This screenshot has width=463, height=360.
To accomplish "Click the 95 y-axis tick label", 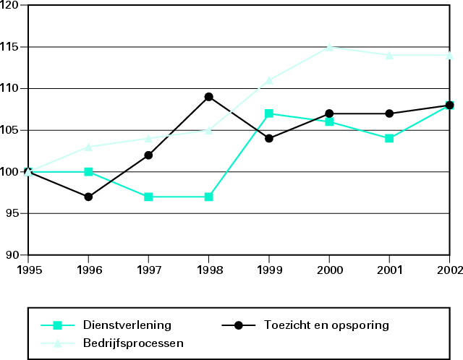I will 14,213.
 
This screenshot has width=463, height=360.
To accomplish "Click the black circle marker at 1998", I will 208,97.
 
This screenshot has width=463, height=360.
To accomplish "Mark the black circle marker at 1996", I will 88,197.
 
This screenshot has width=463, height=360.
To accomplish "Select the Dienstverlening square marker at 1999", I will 269,113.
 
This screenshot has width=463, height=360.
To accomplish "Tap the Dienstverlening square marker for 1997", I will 148,197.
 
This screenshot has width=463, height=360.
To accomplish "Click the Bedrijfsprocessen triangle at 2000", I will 329,47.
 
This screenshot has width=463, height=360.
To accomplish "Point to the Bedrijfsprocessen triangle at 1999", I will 269,80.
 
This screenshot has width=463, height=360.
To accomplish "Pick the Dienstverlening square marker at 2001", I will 389,138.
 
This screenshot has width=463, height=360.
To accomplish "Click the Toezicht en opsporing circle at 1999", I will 269,138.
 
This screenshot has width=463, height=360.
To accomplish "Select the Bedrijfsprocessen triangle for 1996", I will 88,147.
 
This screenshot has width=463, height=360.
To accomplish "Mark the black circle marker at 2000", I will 329,113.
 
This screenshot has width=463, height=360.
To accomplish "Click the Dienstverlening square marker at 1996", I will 88,171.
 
